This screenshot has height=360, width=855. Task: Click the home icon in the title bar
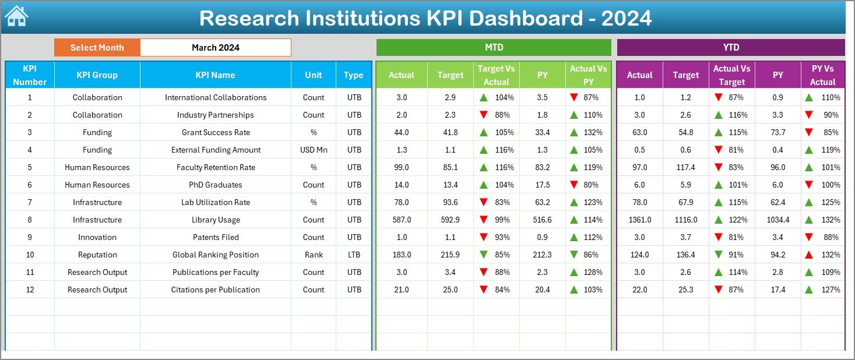click(16, 16)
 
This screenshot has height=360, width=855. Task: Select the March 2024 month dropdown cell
click(215, 48)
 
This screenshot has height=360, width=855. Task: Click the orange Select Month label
click(97, 48)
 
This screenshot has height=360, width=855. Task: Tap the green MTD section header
click(494, 47)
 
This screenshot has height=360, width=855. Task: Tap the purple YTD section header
click(730, 47)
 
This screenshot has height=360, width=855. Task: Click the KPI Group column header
click(97, 75)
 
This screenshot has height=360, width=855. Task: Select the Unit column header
click(314, 75)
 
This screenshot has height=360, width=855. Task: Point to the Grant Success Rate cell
click(216, 132)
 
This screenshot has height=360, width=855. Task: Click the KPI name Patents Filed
click(216, 237)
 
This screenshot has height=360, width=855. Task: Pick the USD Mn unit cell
click(314, 150)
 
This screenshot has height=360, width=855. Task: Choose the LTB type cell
click(353, 255)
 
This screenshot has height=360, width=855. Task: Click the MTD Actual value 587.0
click(402, 220)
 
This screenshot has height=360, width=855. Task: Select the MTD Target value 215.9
click(450, 255)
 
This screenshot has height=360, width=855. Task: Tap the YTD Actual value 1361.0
click(639, 220)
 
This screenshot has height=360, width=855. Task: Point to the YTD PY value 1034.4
click(778, 220)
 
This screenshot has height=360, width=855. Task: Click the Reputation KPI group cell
click(97, 255)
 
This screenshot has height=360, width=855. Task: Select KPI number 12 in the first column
click(30, 290)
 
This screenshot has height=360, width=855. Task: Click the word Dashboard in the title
click(525, 18)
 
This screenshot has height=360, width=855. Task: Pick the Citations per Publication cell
click(216, 290)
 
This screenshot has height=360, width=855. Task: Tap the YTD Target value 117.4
click(685, 167)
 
